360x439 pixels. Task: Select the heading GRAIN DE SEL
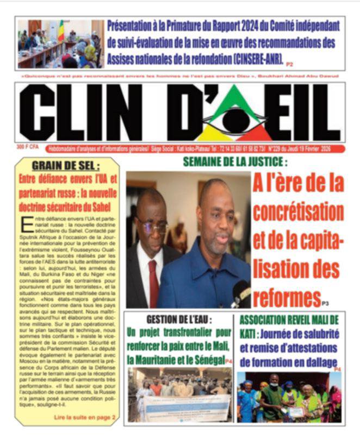(x=66, y=165)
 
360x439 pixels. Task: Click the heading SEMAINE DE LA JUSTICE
(x=235, y=161)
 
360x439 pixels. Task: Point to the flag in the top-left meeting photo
(x=60, y=32)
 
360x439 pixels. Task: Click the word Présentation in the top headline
(x=139, y=25)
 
